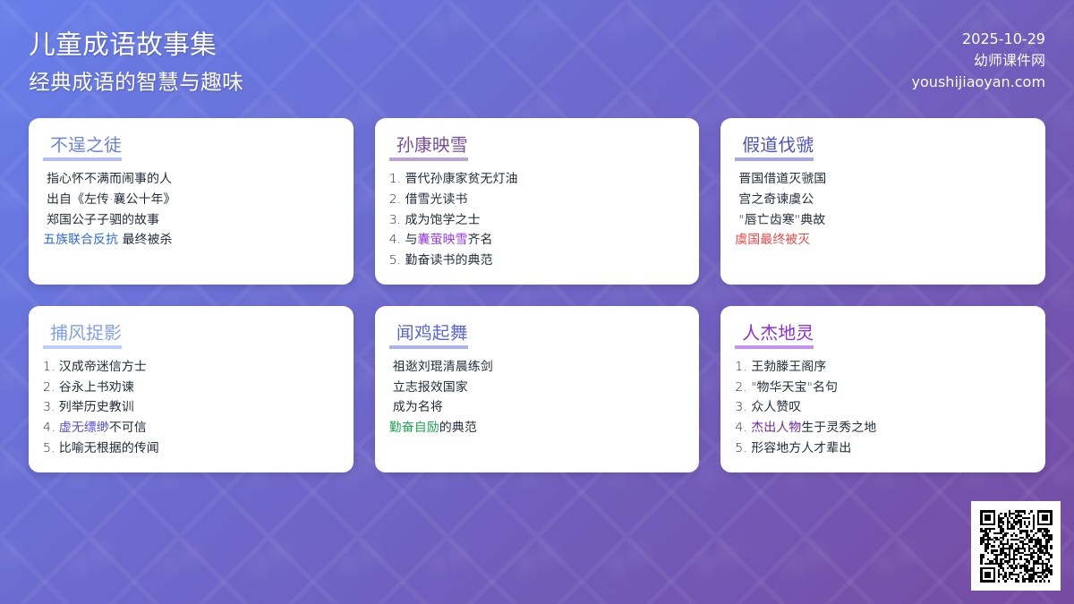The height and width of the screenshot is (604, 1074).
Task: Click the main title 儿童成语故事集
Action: click(123, 44)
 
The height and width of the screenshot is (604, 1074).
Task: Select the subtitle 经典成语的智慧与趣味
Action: click(136, 81)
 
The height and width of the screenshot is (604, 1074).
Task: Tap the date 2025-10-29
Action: click(1003, 38)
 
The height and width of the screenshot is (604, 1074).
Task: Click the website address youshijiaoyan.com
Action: click(978, 81)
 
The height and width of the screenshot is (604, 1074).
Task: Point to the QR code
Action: click(1015, 545)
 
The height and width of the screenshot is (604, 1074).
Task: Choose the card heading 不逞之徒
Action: click(86, 145)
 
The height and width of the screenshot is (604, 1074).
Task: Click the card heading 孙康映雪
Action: click(431, 145)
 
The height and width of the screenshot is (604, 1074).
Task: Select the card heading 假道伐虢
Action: click(778, 145)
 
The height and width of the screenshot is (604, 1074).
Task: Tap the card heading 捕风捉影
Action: click(86, 333)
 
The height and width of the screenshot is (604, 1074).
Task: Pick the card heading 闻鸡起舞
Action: click(431, 333)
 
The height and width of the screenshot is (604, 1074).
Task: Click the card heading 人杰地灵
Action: click(778, 333)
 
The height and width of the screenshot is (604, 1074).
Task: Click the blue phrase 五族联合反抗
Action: click(81, 239)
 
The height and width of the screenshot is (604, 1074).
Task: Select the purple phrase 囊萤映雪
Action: click(442, 239)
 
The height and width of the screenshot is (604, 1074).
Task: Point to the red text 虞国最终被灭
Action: click(772, 239)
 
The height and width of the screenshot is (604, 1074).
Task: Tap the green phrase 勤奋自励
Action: click(414, 427)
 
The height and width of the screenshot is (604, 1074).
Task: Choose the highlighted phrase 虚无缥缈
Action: click(84, 427)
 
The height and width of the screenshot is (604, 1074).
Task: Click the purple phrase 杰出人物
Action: click(776, 427)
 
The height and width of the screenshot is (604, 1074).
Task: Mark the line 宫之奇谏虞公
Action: click(776, 198)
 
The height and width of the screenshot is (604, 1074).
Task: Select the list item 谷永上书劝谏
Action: click(97, 387)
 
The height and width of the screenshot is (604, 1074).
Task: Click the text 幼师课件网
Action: click(1010, 60)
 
